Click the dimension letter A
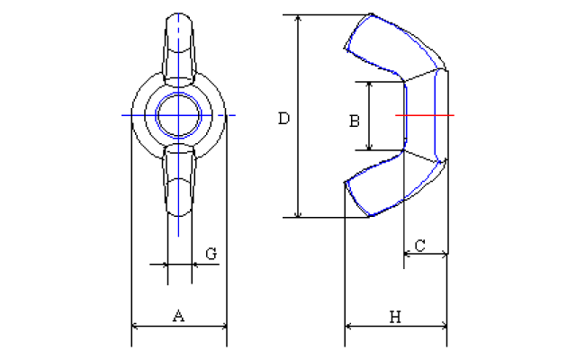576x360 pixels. coord(178,316)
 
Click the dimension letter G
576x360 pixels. coord(211,254)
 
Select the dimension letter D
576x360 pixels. coord(283,118)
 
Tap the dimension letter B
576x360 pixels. coord(355,119)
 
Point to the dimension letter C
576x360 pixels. coord(419,244)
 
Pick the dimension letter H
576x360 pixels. coord(394,316)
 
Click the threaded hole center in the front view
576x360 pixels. coord(178,115)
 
